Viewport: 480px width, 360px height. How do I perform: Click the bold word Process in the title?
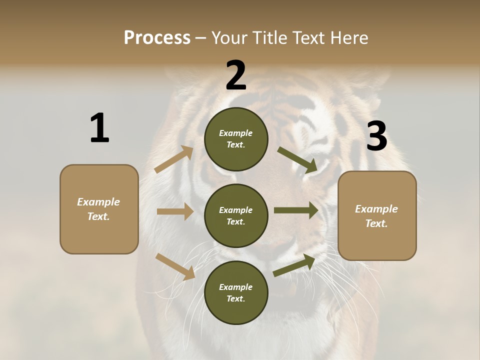[157, 38]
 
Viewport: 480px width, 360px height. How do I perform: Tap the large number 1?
[99, 128]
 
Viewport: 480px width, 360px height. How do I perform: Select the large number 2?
[236, 76]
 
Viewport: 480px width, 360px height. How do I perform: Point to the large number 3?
[376, 136]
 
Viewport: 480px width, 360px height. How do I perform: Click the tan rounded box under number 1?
[99, 209]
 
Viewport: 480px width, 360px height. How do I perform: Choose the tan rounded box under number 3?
[377, 215]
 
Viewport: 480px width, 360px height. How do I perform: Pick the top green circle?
[236, 139]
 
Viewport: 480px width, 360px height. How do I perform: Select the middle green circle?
[236, 215]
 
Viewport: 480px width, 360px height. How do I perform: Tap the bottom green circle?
[236, 292]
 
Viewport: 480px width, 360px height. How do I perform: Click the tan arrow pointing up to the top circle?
[174, 159]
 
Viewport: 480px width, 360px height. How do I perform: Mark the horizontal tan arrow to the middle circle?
[175, 211]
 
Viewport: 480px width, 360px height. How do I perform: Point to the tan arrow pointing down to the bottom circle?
[175, 266]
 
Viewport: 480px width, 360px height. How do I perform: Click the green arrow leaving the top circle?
[297, 160]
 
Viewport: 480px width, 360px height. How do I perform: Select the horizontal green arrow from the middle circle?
[296, 210]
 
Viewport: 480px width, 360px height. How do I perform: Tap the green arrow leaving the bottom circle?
[294, 265]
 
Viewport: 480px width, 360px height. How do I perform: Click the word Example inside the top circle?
[236, 133]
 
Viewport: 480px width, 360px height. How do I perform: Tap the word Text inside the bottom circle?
[235, 298]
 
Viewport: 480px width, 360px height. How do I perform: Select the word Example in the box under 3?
[376, 209]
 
